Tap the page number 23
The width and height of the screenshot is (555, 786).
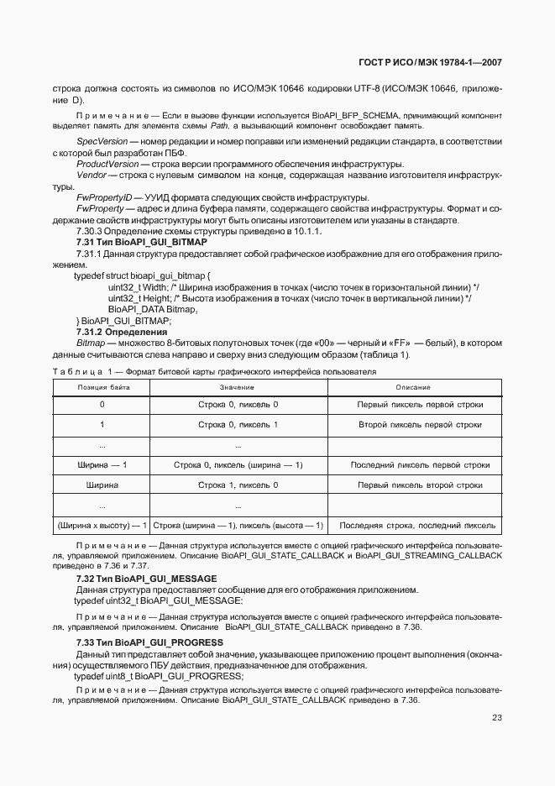[496, 716]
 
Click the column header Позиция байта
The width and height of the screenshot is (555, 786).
[102, 387]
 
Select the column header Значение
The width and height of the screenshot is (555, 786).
[238, 387]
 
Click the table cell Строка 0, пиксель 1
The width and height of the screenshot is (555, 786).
[238, 425]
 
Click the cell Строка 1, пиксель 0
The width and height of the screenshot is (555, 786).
[238, 485]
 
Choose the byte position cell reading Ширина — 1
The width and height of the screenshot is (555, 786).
[102, 464]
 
